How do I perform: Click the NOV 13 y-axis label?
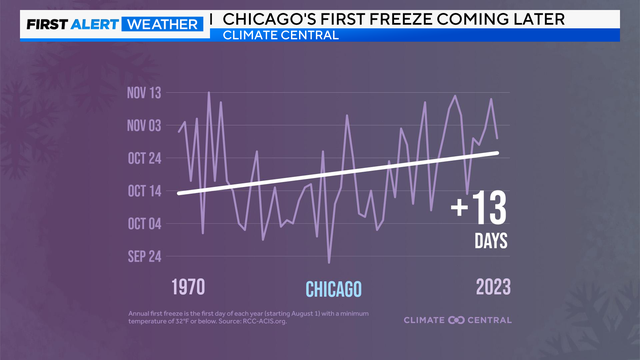click(144, 94)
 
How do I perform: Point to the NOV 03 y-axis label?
click(144, 126)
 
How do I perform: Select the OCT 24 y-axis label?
click(144, 158)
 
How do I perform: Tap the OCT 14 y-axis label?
click(144, 190)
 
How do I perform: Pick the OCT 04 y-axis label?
click(144, 223)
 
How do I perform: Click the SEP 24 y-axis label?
click(144, 256)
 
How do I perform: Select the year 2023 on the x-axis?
click(491, 287)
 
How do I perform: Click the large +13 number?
click(479, 209)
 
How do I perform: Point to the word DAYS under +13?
click(491, 241)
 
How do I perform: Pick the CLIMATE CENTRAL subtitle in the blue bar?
click(281, 37)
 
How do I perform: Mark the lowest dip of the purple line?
click(329, 263)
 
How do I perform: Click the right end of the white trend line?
click(498, 152)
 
